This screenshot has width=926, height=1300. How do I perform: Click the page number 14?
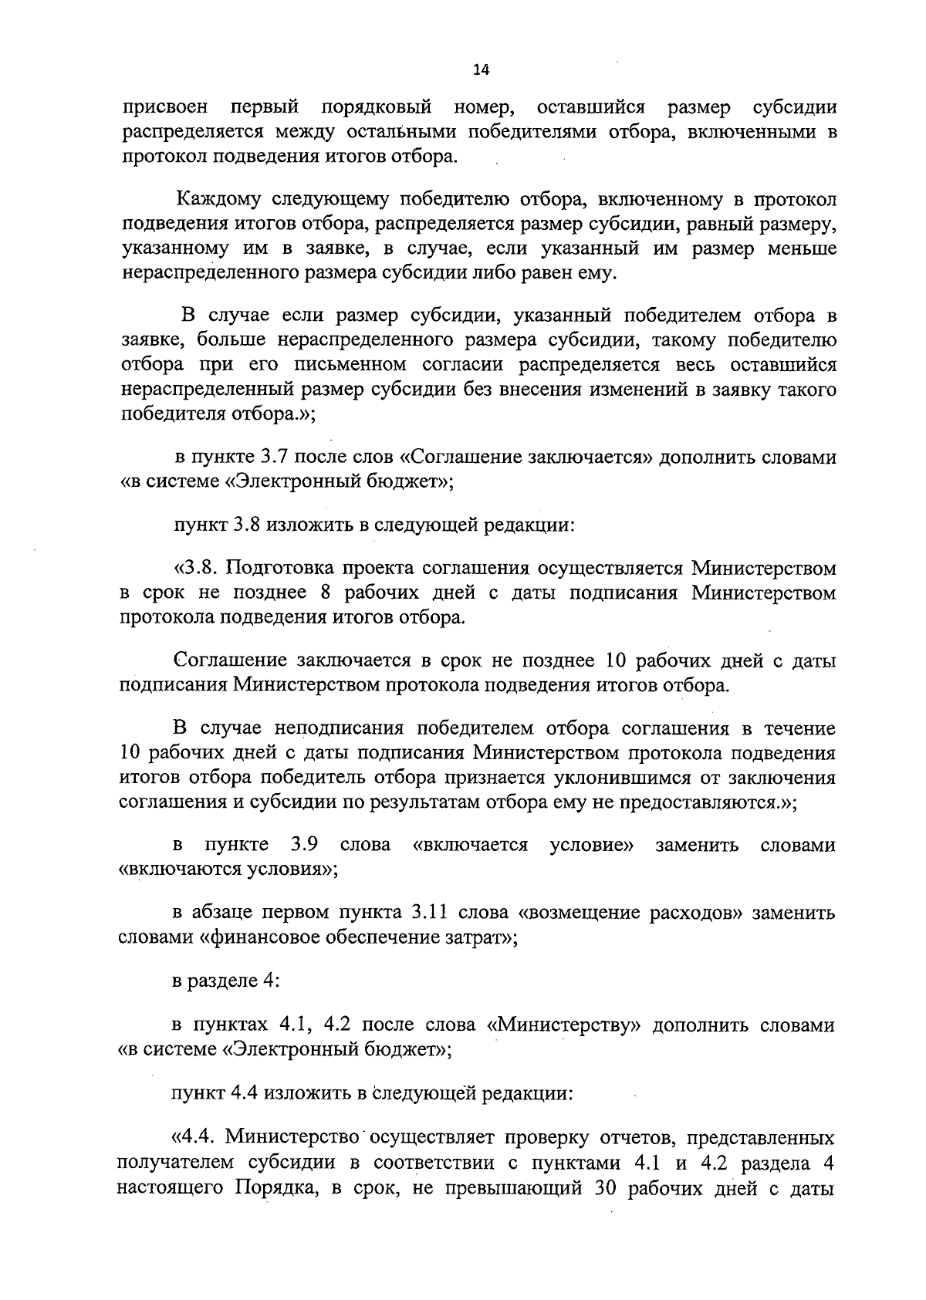(x=481, y=70)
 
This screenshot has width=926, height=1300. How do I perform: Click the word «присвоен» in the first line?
(x=165, y=106)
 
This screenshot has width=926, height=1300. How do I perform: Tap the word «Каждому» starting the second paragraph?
(x=219, y=200)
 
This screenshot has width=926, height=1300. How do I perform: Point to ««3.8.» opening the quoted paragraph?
(x=198, y=569)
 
